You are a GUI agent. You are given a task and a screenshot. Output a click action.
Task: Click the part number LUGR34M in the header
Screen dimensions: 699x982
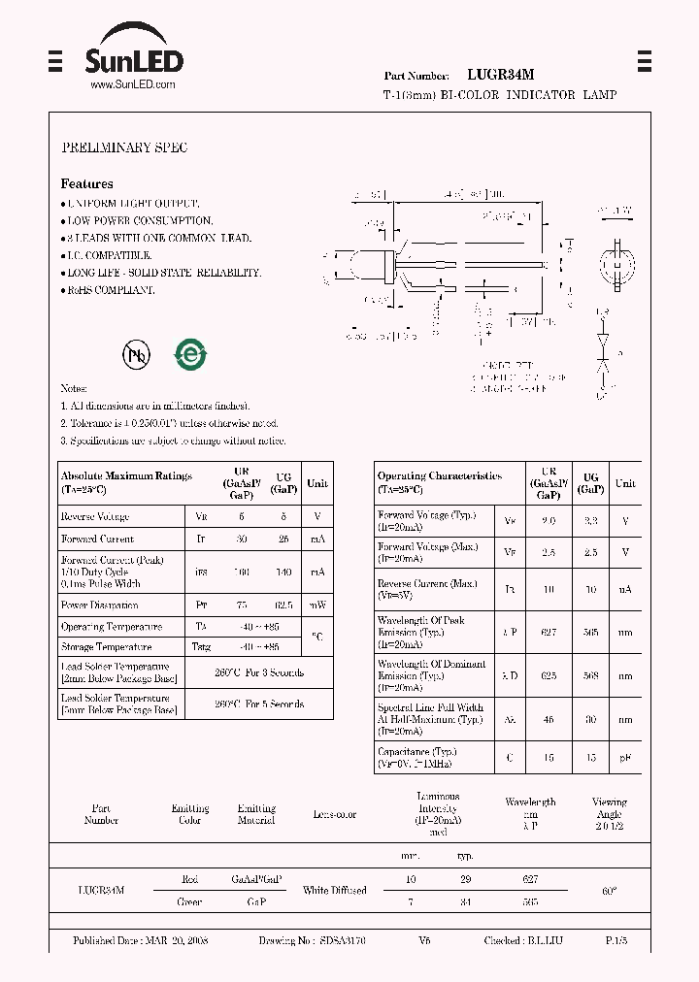[x=500, y=74]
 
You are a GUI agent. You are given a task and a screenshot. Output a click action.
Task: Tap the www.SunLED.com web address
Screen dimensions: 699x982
[x=133, y=85]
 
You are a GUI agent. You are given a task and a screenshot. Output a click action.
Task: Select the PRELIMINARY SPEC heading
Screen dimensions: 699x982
[x=124, y=147]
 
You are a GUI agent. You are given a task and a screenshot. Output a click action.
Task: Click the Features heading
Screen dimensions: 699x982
[x=86, y=183]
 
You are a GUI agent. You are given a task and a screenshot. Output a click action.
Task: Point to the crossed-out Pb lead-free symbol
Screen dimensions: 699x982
[x=136, y=355]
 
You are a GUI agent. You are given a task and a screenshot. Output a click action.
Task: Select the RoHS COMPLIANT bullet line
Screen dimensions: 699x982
[x=110, y=289]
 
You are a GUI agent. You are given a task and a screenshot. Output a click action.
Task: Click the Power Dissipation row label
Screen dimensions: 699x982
[x=101, y=605]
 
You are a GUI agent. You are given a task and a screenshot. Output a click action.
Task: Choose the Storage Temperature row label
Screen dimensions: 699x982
[x=106, y=646]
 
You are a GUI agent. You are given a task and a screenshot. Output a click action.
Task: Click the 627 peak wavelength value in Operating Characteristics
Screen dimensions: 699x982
[x=549, y=632]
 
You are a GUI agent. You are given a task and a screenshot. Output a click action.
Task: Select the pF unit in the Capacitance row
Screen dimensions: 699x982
[x=625, y=758]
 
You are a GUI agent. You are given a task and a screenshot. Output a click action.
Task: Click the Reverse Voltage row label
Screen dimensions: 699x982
[x=95, y=517]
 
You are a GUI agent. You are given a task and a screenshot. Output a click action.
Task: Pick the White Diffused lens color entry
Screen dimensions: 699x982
[x=335, y=890]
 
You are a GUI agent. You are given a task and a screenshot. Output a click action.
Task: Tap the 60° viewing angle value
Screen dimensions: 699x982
[x=609, y=890]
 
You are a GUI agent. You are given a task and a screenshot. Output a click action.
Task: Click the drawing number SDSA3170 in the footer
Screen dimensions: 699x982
[x=339, y=941]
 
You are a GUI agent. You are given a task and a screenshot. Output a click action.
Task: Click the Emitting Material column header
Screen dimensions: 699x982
[x=256, y=814]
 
